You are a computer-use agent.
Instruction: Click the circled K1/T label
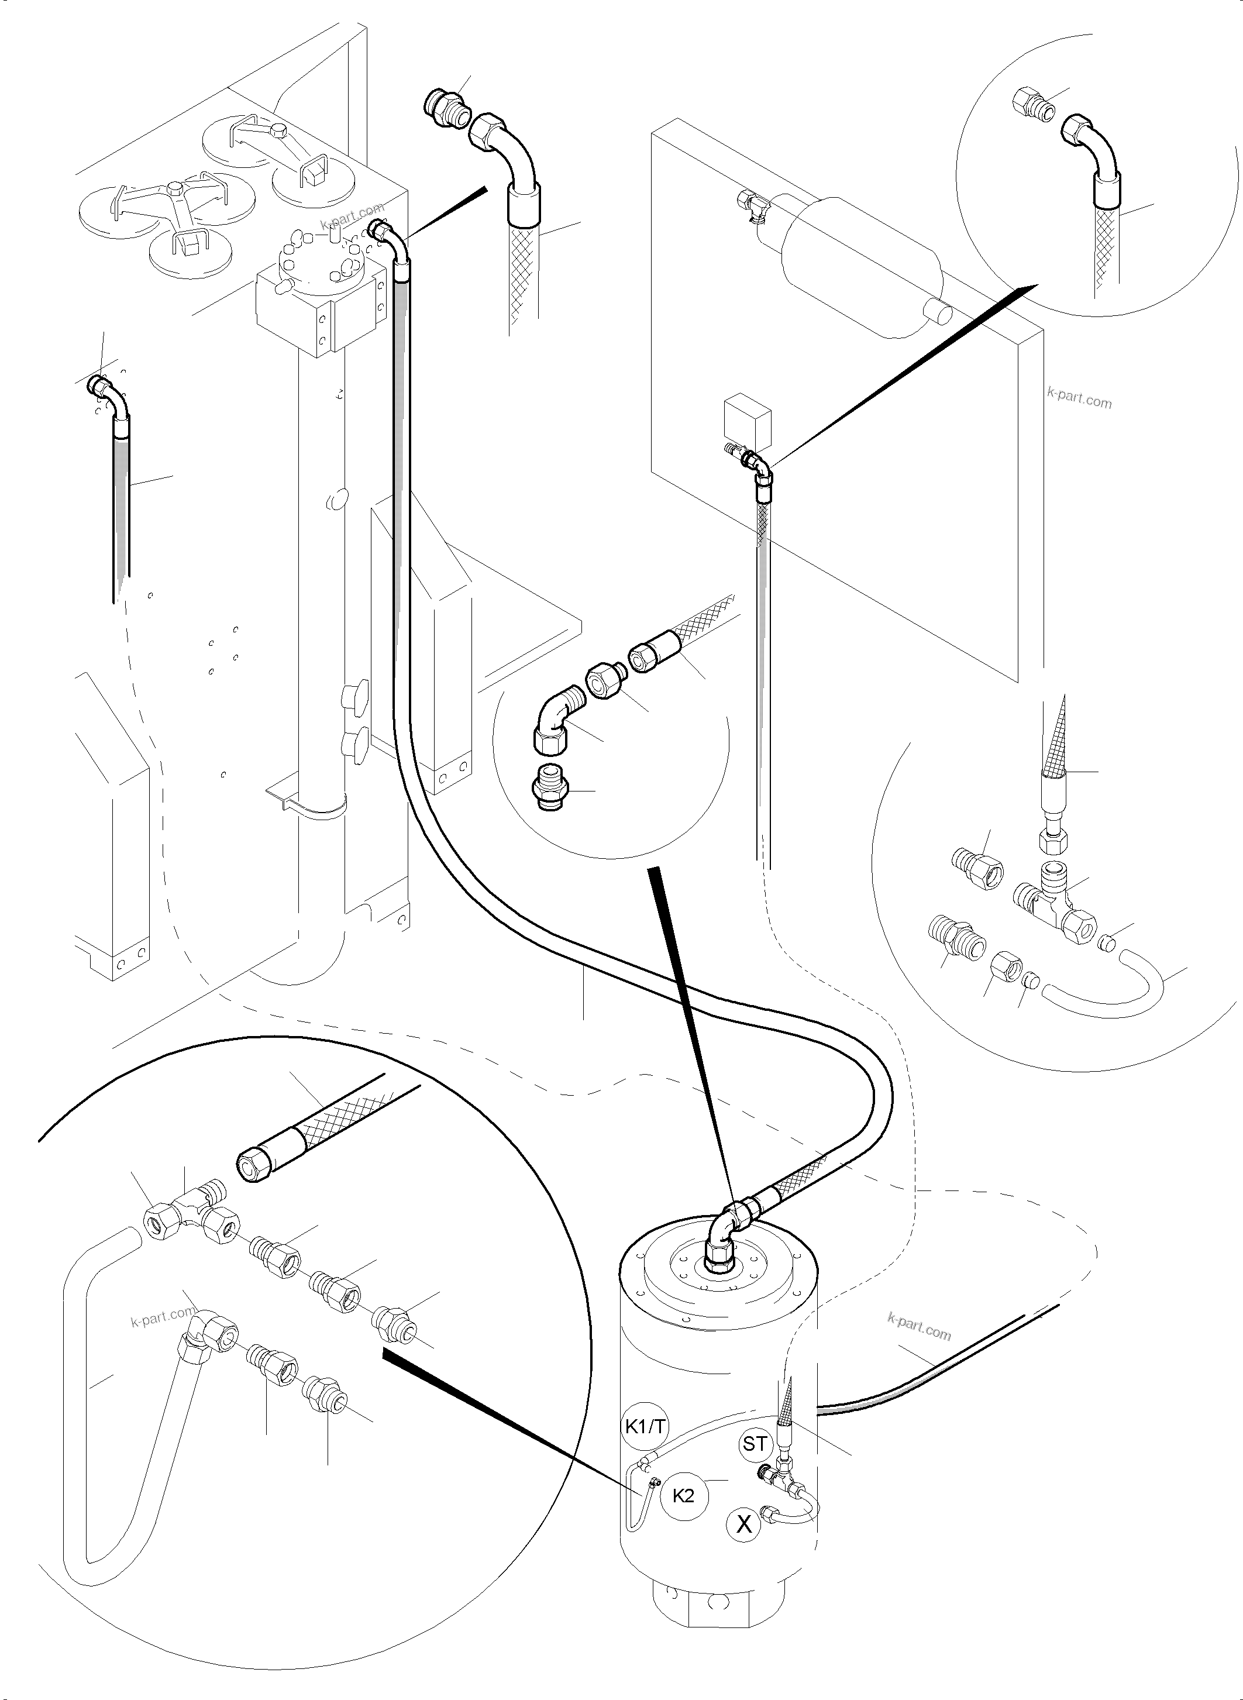[643, 1426]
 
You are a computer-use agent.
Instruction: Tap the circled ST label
[755, 1444]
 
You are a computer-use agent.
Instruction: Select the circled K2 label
[683, 1495]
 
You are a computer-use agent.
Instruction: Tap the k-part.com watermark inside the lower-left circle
[162, 1317]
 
